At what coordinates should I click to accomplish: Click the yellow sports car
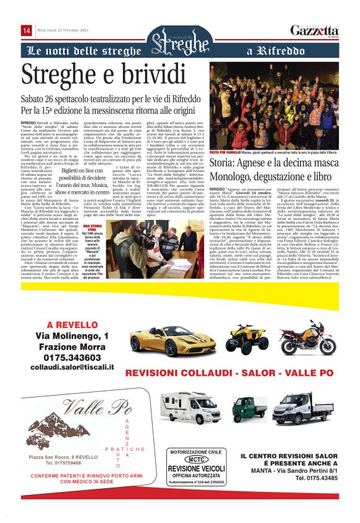tap(164, 341)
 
